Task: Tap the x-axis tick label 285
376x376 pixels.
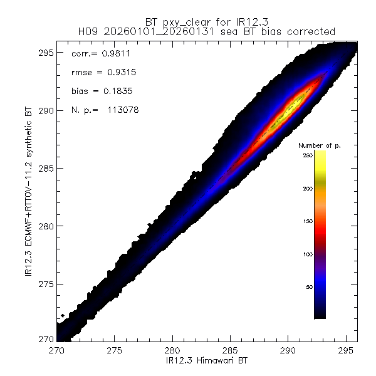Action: click(230, 350)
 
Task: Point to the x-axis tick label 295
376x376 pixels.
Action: click(345, 350)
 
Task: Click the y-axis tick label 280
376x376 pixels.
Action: click(44, 226)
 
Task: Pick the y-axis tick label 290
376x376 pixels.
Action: click(44, 111)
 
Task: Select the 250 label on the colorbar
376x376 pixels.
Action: click(307, 154)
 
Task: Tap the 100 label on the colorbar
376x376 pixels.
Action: click(307, 254)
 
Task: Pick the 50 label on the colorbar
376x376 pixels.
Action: click(309, 287)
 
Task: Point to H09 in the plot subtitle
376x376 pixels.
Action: click(88, 31)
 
